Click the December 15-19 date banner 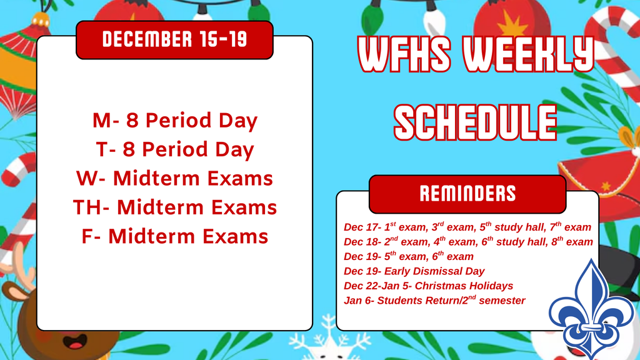[x=174, y=40]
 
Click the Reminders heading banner [x=467, y=193]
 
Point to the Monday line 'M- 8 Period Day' [x=174, y=121]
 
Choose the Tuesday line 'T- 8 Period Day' [x=174, y=150]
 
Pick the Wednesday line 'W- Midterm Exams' [x=174, y=179]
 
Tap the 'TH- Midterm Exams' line [x=174, y=207]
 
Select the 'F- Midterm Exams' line [x=174, y=237]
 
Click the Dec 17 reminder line [x=467, y=227]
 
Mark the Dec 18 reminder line [x=468, y=242]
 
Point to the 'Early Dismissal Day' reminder [x=414, y=271]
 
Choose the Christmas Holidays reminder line [x=429, y=286]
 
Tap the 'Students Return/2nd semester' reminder [x=435, y=301]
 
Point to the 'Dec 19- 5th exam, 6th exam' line [x=409, y=256]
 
